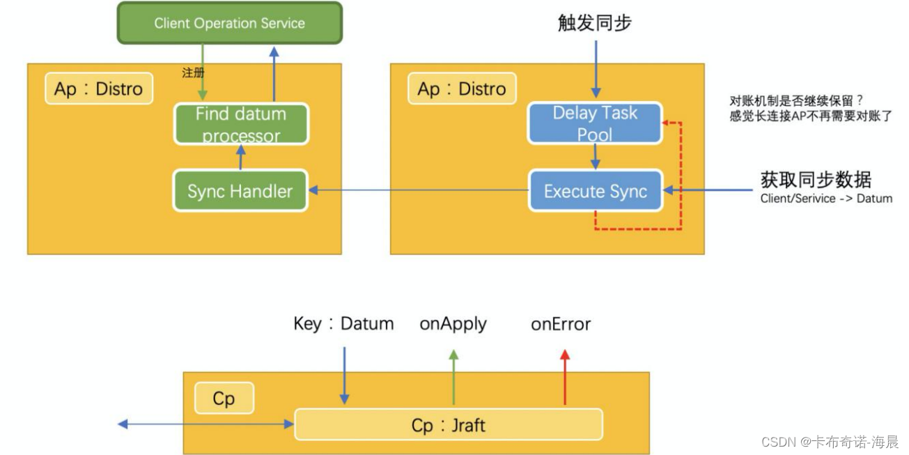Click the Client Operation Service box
[x=230, y=23]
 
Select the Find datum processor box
[x=241, y=124]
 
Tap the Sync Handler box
[x=240, y=191]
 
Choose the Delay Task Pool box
[x=595, y=123]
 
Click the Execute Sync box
[x=596, y=191]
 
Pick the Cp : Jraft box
[x=449, y=424]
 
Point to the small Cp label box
[x=224, y=398]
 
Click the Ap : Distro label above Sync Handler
[x=99, y=88]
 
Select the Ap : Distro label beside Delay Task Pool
[x=462, y=88]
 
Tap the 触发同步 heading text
[x=594, y=22]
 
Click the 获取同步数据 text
[x=816, y=180]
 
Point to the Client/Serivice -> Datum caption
[x=826, y=199]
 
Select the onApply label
[x=453, y=324]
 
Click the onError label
[x=561, y=324]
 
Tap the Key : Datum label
[x=343, y=324]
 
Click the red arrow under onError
[x=564, y=377]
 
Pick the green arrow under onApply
[x=453, y=377]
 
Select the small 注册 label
[x=193, y=73]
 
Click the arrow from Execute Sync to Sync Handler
[x=419, y=190]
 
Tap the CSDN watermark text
[x=830, y=442]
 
